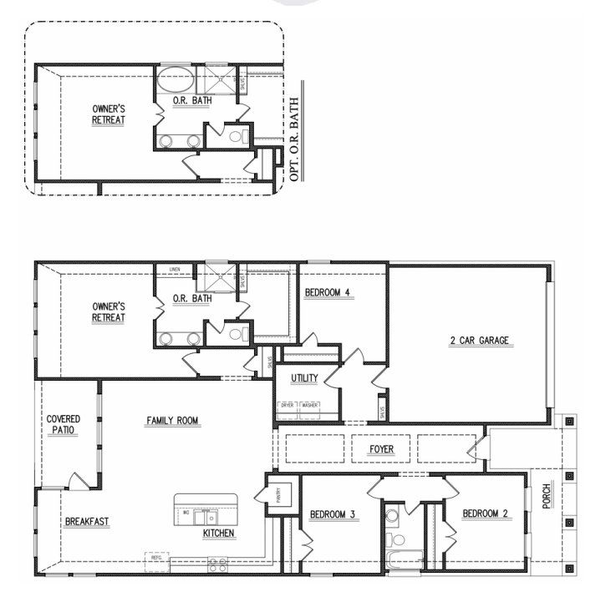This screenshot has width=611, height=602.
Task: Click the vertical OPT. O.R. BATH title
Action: pos(294,138)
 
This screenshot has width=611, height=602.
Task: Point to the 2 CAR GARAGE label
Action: pos(478,341)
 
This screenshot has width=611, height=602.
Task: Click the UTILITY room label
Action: pos(304,378)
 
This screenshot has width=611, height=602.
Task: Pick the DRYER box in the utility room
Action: pos(288,405)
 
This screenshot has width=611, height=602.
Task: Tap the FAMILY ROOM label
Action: pos(172,421)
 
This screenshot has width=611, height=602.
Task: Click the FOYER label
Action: pos(381,449)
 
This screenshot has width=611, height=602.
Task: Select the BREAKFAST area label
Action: pos(87,522)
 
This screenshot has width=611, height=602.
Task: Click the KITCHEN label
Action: pos(219,533)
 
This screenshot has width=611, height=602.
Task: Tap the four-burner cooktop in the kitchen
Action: pos(217,564)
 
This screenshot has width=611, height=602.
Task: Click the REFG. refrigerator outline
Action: pos(156,556)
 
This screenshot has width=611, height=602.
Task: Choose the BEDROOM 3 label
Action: pos(334,513)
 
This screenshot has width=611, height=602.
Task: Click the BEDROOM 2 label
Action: pos(486,513)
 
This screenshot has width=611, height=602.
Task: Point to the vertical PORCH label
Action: pos(547,500)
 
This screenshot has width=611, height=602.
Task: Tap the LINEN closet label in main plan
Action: pos(174,270)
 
